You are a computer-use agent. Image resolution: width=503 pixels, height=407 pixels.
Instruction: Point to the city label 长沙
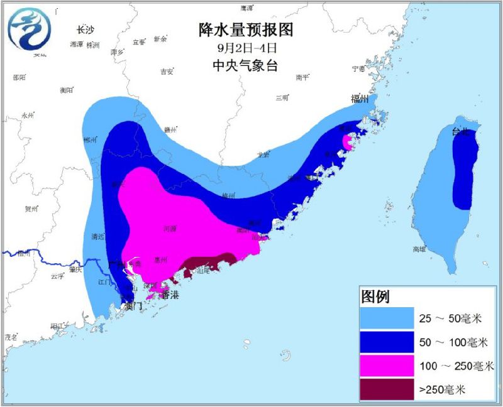(x=85, y=30)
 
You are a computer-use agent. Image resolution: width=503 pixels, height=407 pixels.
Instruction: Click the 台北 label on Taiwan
(x=460, y=132)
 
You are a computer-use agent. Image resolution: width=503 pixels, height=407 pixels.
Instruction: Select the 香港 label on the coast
(x=170, y=295)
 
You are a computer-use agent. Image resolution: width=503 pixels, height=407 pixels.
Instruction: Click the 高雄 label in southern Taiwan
(x=419, y=249)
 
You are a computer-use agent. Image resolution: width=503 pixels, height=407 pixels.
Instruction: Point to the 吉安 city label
(x=167, y=72)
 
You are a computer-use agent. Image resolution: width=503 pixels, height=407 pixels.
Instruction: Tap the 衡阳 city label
(x=67, y=90)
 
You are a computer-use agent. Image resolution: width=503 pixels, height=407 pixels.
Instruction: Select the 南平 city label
(x=302, y=77)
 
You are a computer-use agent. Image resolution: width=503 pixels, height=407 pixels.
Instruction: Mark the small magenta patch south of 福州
(x=346, y=144)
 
